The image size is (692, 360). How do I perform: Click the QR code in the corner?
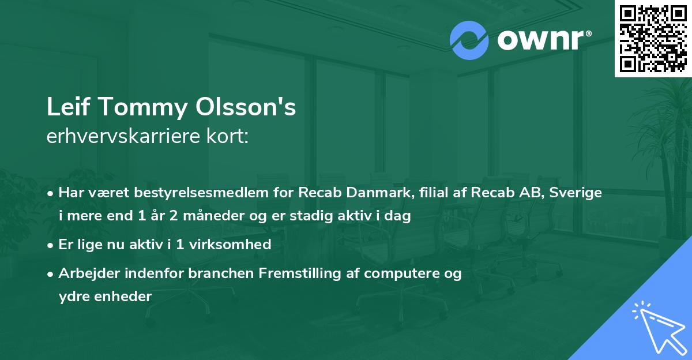point(653,39)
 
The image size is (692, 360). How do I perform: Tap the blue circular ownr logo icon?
point(469,40)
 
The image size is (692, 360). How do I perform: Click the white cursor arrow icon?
point(659,327)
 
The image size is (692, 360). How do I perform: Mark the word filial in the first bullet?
point(432,193)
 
